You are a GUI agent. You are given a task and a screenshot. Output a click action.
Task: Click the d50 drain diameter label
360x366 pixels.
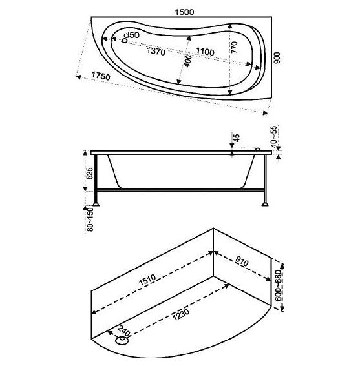point(131,34)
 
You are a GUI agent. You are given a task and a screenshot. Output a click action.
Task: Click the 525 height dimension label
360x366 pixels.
point(90,173)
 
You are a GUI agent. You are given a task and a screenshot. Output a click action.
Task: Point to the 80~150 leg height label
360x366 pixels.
point(90,220)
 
